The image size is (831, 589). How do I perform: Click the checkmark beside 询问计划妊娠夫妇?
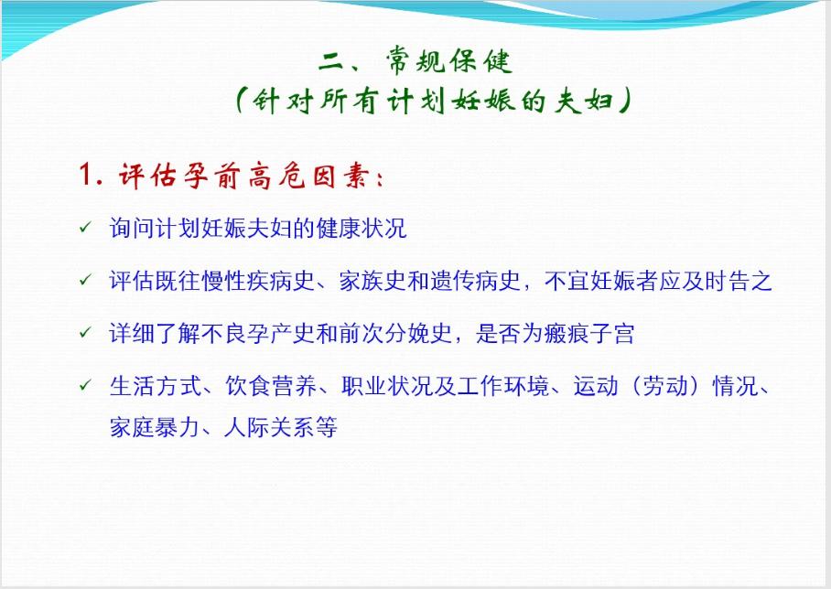pyautogui.click(x=84, y=227)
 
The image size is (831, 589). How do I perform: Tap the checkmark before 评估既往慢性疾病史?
pyautogui.click(x=84, y=279)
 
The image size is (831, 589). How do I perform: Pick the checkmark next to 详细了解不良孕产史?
pyautogui.click(x=84, y=332)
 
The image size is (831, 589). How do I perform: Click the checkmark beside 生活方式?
pyautogui.click(x=84, y=386)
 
